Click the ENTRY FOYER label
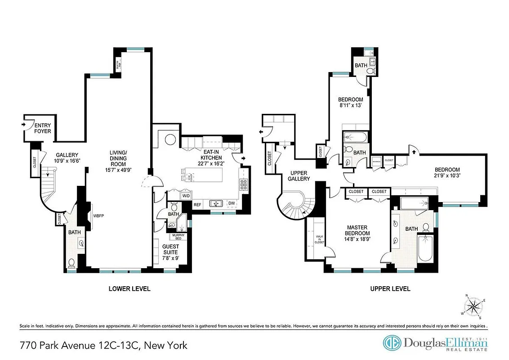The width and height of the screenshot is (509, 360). pyautogui.click(x=43, y=128)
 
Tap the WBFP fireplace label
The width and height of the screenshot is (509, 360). pyautogui.click(x=99, y=216)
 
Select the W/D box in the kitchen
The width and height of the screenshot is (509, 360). pyautogui.click(x=186, y=196)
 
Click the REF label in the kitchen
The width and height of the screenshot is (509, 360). pyautogui.click(x=197, y=205)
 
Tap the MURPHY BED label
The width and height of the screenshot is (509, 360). pyautogui.click(x=176, y=236)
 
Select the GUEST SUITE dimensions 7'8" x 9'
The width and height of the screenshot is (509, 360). pyautogui.click(x=170, y=258)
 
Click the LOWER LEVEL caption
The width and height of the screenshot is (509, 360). pyautogui.click(x=129, y=288)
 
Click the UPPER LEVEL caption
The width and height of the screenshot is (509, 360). pyautogui.click(x=390, y=288)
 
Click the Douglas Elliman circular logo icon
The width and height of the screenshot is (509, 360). pyautogui.click(x=392, y=343)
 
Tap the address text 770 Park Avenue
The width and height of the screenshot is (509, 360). pyautogui.click(x=60, y=346)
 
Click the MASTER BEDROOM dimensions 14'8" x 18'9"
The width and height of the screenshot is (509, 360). pyautogui.click(x=357, y=239)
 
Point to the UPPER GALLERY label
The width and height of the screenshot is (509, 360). pyautogui.click(x=299, y=175)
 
